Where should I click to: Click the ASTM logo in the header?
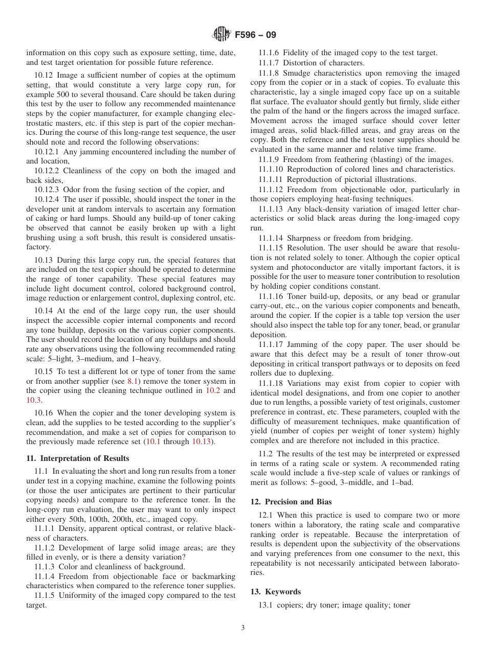point(222,34)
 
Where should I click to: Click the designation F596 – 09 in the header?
point(255,35)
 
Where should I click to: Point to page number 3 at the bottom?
point(242,628)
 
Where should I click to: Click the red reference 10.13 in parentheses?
point(202,442)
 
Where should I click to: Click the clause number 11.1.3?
point(45,567)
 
